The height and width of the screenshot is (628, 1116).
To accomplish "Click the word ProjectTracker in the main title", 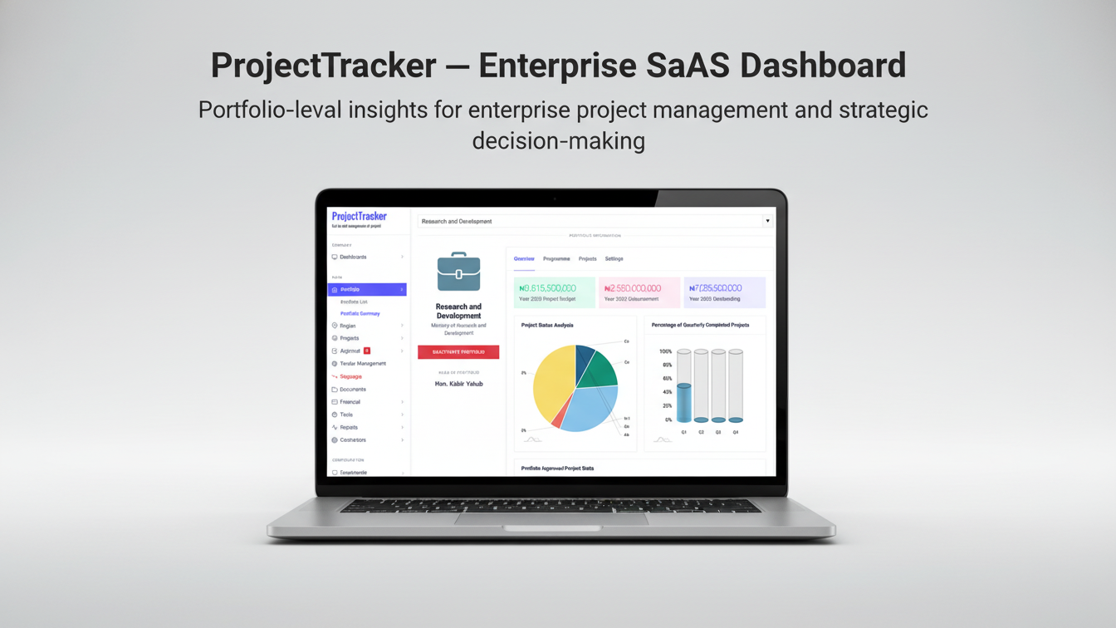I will coord(323,66).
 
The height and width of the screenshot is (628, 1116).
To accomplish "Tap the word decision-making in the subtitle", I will coord(558,140).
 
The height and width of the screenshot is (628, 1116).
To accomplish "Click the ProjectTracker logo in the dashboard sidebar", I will coord(359,217).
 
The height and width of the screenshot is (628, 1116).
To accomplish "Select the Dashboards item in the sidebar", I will coord(353,257).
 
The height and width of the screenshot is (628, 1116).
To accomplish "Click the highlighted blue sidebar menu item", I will coord(367,289).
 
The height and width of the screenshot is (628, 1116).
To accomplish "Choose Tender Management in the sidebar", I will coord(363,364).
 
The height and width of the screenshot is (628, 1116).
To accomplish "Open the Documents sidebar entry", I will coord(353,389).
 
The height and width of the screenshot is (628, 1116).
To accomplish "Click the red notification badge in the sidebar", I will coord(367,351).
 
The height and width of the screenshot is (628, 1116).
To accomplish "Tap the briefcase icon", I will coord(458,272).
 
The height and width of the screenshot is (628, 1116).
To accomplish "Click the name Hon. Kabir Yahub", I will coord(458,384).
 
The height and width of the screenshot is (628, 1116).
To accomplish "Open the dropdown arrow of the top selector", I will coord(767,221).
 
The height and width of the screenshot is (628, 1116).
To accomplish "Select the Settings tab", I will coord(614,259).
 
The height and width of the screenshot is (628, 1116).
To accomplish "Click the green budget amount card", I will coord(554,292).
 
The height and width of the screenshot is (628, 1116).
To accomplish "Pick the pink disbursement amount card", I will coord(639,292).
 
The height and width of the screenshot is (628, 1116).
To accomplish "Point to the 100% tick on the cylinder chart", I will coord(665,351).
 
